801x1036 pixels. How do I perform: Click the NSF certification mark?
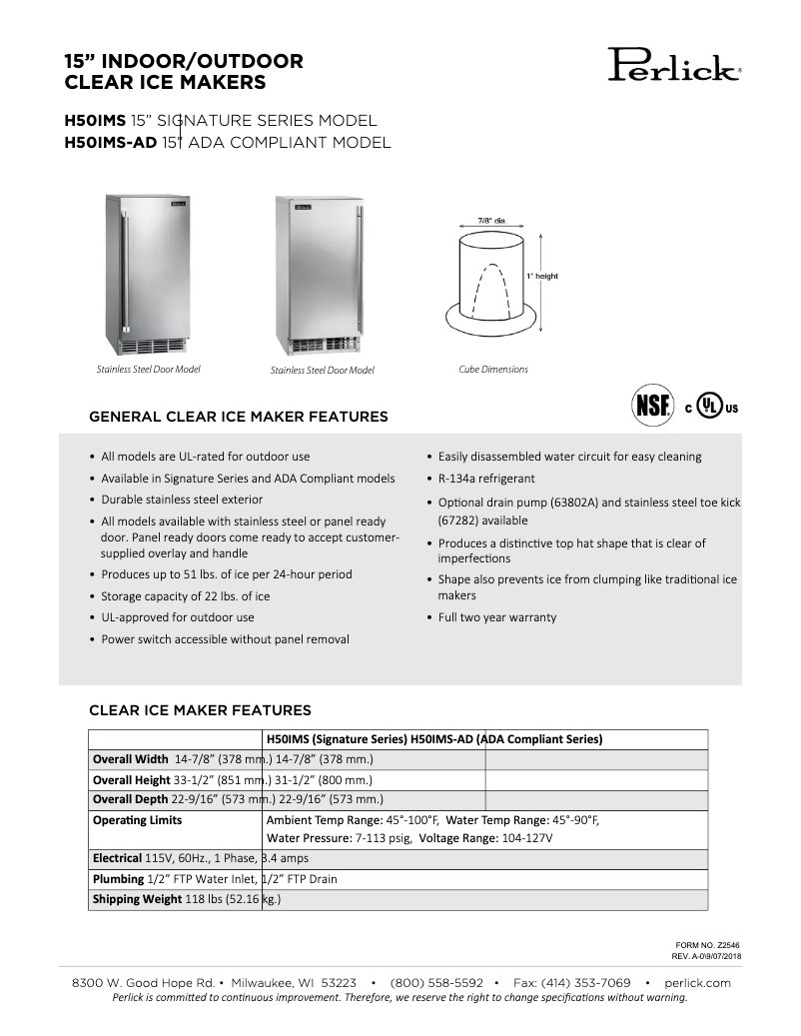(651, 408)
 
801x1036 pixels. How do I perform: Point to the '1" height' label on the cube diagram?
(543, 276)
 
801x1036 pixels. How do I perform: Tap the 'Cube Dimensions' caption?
(493, 370)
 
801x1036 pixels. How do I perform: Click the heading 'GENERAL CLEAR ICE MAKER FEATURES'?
(239, 417)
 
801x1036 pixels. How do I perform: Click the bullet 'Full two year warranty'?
(497, 617)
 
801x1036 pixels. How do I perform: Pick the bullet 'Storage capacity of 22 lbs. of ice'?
(186, 596)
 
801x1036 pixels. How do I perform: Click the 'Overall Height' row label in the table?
(132, 780)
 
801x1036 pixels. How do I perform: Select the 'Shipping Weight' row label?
(137, 900)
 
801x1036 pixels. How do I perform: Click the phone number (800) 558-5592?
(436, 983)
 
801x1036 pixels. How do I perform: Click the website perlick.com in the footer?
(697, 983)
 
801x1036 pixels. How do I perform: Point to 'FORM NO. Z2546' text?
(707, 944)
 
